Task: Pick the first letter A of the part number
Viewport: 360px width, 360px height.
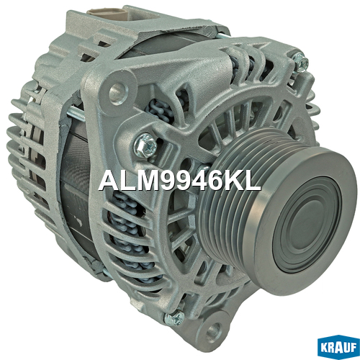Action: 109,181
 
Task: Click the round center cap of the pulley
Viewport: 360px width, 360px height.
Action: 307,225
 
